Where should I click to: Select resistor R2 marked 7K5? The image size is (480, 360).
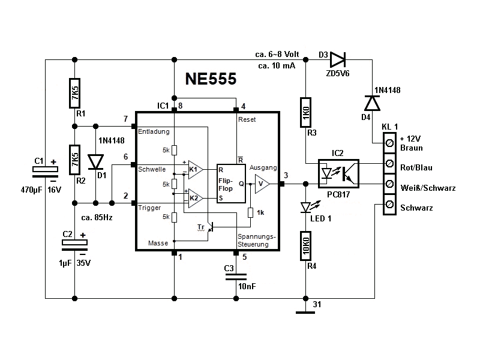tap(75, 160)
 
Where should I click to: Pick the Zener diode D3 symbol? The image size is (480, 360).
tap(338, 59)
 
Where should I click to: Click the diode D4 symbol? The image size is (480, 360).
tap(373, 103)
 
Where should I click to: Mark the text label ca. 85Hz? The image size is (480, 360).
tap(97, 217)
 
